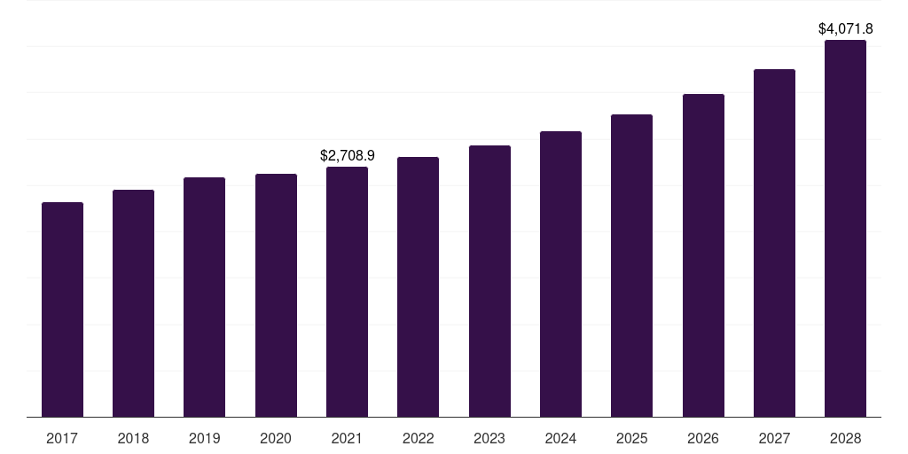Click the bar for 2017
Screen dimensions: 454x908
(x=62, y=309)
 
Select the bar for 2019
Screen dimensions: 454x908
(x=204, y=297)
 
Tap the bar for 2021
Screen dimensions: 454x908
(x=347, y=292)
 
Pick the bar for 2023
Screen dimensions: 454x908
(x=489, y=281)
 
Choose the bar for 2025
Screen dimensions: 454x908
(x=631, y=266)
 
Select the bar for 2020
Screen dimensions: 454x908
(x=276, y=295)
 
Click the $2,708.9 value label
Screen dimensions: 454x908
(x=348, y=156)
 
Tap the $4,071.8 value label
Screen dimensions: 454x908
(x=846, y=28)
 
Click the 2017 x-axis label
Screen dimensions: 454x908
(x=62, y=438)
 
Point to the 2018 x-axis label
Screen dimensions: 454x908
(x=133, y=438)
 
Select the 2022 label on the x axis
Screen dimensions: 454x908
(x=418, y=438)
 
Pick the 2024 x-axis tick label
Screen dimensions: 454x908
(x=560, y=438)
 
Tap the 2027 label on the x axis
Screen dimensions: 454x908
(x=774, y=438)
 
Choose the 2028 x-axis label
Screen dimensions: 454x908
(x=845, y=438)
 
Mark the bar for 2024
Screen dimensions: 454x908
(x=560, y=274)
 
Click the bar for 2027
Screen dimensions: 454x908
(x=774, y=243)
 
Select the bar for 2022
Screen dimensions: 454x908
(x=418, y=287)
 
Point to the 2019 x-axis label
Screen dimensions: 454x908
(x=204, y=438)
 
